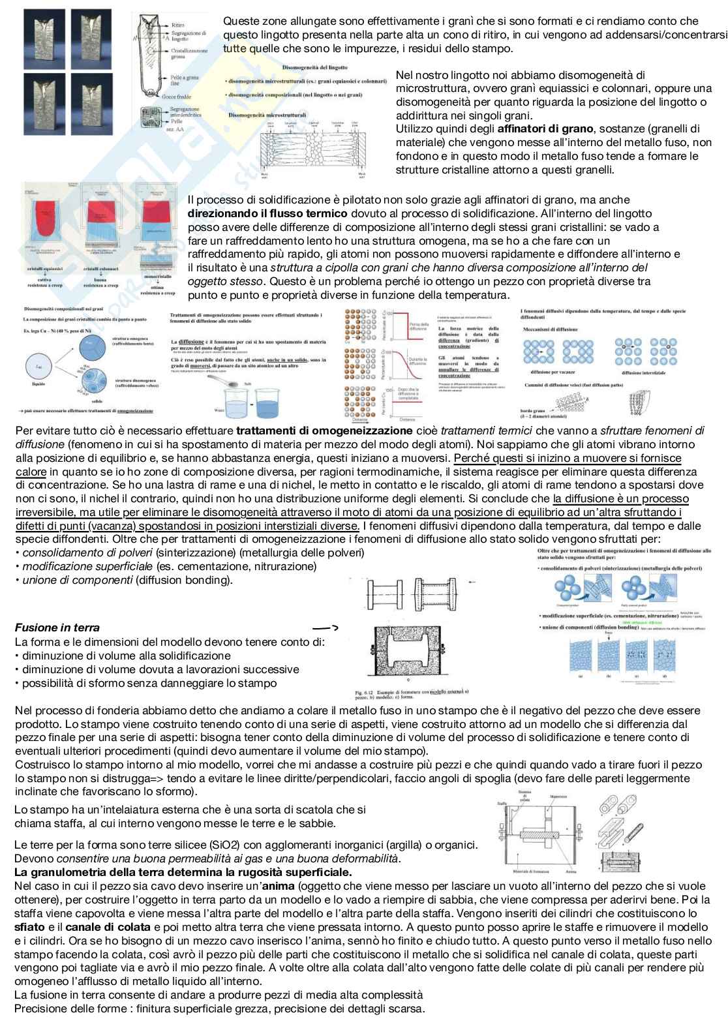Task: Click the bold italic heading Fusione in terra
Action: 57,628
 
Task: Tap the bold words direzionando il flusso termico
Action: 267,213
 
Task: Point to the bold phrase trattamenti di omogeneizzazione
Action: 324,431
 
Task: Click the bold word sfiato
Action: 29,927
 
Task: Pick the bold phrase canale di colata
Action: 108,927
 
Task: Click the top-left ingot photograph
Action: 45,36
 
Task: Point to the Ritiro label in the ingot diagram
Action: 178,25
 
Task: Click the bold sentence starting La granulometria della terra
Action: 183,872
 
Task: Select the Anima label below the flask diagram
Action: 571,871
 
